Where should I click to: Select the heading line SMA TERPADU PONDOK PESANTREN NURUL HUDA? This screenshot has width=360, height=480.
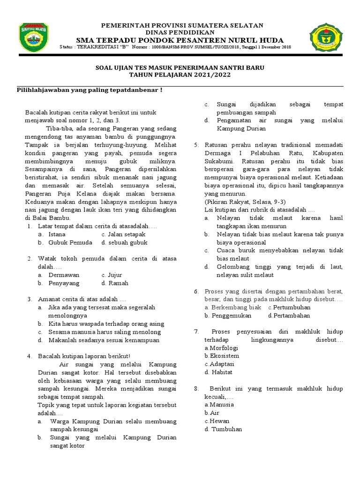coord(176,40)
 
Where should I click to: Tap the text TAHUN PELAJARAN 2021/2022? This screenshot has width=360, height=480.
coord(180,75)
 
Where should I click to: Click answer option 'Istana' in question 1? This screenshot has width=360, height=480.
coord(57,234)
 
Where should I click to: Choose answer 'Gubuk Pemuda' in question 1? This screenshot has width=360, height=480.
coord(67,242)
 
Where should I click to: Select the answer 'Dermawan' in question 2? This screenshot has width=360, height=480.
coord(64,275)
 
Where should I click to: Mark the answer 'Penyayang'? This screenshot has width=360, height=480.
coord(64,283)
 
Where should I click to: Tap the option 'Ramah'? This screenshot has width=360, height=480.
coord(118,283)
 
